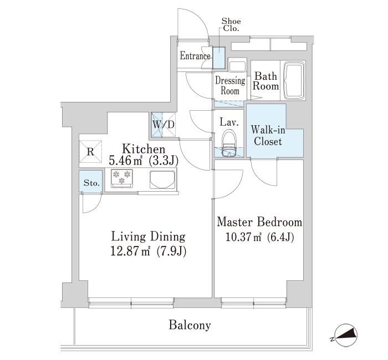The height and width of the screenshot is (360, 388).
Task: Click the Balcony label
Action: (190, 325)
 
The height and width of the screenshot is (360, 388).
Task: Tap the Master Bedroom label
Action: (259, 223)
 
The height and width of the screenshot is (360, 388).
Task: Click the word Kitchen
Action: (144, 150)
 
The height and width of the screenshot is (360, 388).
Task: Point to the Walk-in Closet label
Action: (267, 136)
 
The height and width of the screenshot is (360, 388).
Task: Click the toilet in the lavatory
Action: (228, 141)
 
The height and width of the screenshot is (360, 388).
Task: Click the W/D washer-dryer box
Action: (164, 124)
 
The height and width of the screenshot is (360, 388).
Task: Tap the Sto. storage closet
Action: (90, 182)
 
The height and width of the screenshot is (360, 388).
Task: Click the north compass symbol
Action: (344, 335)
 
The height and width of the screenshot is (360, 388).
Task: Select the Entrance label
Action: (195, 56)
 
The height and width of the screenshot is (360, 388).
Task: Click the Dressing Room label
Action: (229, 86)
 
